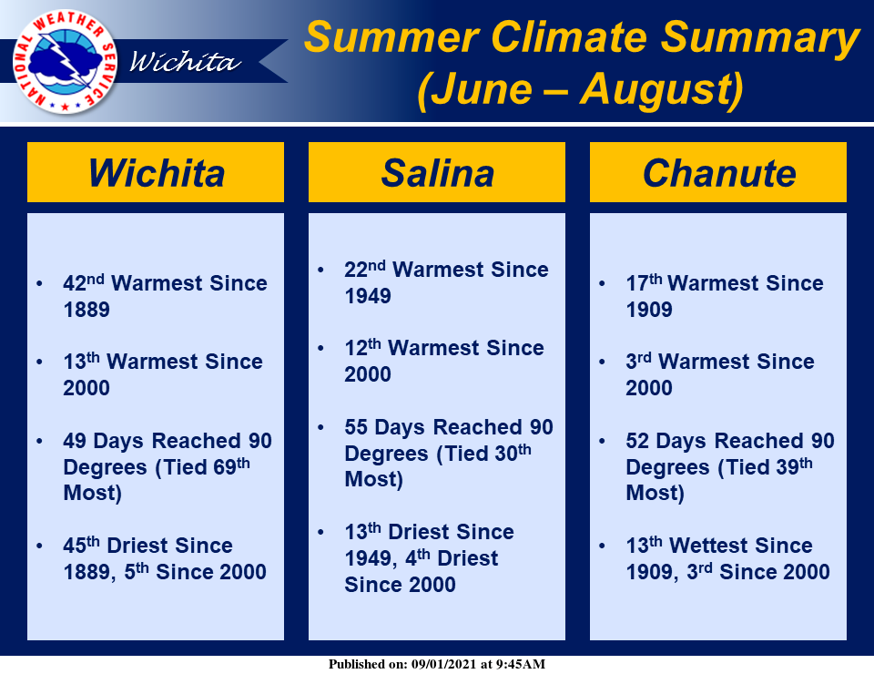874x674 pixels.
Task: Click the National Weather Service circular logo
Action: (x=65, y=62)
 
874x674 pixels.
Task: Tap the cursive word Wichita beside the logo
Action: (x=185, y=62)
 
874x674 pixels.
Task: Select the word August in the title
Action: (x=656, y=90)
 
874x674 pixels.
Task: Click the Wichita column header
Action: (x=157, y=173)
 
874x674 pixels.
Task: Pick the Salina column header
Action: (x=438, y=173)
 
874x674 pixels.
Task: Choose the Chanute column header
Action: (x=719, y=173)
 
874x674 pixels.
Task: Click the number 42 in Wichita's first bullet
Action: (x=74, y=283)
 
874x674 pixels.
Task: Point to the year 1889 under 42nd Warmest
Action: (x=86, y=310)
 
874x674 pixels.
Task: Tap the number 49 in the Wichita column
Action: (x=75, y=441)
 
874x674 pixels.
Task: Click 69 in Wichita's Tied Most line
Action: (x=225, y=467)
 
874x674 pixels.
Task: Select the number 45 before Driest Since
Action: (x=75, y=546)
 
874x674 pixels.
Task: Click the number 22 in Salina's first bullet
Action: (x=356, y=270)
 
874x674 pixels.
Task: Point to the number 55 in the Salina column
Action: (x=356, y=427)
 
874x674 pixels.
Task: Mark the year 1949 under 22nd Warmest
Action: (x=368, y=296)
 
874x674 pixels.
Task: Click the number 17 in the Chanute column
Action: (x=637, y=283)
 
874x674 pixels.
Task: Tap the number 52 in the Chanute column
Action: (x=637, y=441)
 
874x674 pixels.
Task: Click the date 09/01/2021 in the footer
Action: (x=443, y=664)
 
